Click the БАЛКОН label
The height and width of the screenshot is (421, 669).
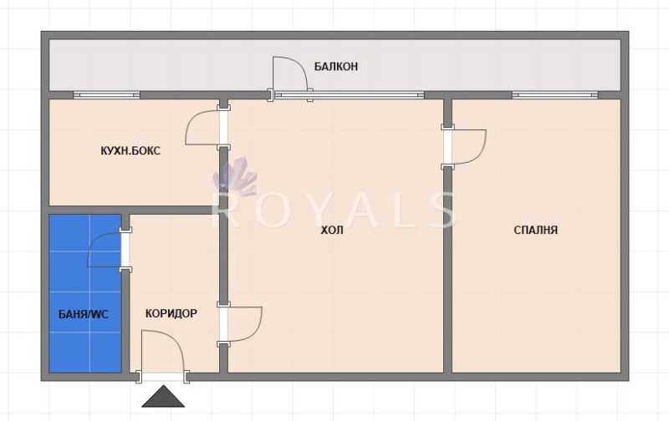click(x=336, y=67)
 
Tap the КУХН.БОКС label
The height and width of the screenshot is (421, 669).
click(x=130, y=151)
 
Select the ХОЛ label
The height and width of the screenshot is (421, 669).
click(x=332, y=231)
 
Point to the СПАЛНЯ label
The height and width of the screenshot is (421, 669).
click(x=535, y=230)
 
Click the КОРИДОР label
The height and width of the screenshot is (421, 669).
click(x=171, y=313)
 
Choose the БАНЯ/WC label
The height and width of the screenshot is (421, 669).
click(x=83, y=314)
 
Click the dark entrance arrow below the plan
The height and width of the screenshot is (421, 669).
click(x=163, y=396)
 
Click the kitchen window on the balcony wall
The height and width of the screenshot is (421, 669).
click(x=107, y=94)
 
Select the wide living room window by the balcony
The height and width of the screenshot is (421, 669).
click(x=350, y=94)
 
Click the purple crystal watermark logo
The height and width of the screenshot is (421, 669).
click(x=235, y=177)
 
